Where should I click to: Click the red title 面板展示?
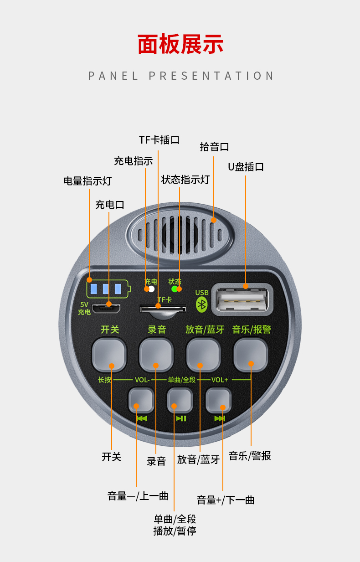180,44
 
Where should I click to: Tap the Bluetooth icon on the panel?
201,304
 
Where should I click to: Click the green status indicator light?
174,289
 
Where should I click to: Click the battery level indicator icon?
108,289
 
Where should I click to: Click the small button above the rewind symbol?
141,400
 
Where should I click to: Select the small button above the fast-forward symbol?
219,400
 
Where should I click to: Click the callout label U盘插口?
246,167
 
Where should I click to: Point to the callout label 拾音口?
214,147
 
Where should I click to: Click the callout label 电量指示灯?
87,181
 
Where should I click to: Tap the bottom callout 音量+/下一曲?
226,500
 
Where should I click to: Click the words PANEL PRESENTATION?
180,76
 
